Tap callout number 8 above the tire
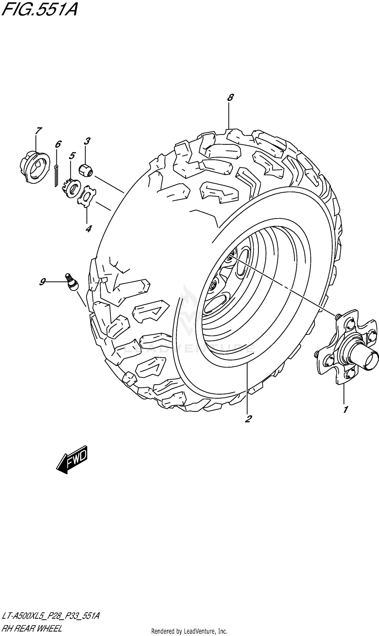coord(230,97)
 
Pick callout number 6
coord(58,144)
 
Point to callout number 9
coord(42,282)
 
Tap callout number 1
coord(345,410)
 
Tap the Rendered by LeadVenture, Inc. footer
coord(189,631)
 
